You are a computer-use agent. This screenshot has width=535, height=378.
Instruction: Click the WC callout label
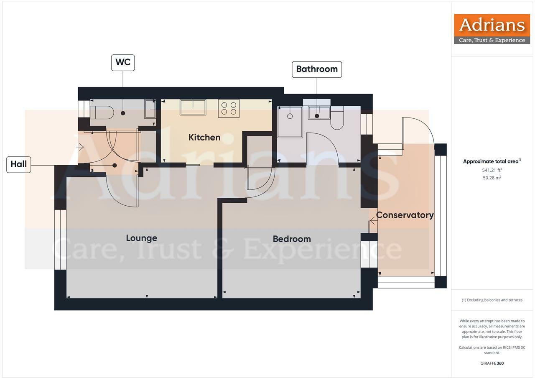coord(123,62)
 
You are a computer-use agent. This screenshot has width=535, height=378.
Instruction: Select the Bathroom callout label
coord(316,69)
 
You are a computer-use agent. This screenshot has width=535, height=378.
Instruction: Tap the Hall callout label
coord(19,164)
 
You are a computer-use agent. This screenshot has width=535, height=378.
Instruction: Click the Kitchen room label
coord(204,137)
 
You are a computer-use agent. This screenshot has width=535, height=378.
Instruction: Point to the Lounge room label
coord(142,238)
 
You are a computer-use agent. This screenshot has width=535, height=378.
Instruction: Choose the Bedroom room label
coord(292,239)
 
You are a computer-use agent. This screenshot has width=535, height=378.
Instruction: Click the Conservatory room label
coord(405,215)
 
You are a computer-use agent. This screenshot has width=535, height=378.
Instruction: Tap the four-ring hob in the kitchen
coord(229,108)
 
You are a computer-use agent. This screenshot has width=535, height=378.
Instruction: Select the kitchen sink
coord(193,107)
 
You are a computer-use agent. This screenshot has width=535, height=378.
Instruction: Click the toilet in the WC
coord(102,112)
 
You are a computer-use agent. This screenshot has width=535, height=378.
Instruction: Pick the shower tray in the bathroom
coord(290,121)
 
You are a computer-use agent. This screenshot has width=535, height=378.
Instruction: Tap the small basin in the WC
coord(150,109)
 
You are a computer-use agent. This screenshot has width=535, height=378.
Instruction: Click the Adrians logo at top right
coord(492,29)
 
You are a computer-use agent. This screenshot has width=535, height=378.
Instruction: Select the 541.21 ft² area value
coord(492,170)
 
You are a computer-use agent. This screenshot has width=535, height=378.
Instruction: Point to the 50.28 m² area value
coord(492,178)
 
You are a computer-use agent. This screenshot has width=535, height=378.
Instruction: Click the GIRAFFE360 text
coord(492,363)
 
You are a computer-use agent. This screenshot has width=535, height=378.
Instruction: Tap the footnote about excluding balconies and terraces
coord(492,300)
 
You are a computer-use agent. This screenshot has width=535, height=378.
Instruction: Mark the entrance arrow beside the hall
coord(80,147)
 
